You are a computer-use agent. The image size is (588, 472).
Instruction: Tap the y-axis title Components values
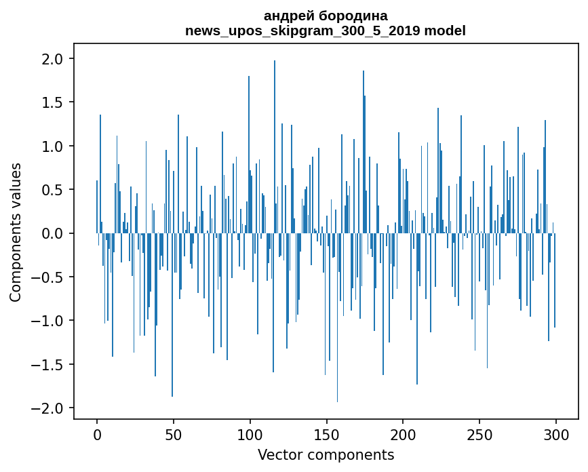[x=16, y=232]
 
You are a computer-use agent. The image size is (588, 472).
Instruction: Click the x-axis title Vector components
[x=326, y=454]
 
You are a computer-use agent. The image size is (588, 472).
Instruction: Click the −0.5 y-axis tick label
[x=49, y=277]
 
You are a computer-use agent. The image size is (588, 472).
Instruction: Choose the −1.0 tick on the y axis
[x=49, y=321]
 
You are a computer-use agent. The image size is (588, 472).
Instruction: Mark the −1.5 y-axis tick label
[x=49, y=365]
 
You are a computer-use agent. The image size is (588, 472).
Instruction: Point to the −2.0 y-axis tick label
[x=49, y=408]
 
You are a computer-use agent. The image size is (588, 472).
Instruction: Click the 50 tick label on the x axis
[x=174, y=434]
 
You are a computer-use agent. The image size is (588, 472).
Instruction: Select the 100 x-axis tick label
[x=250, y=434]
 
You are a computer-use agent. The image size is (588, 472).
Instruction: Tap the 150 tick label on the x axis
[x=327, y=434]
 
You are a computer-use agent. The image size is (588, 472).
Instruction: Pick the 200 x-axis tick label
[x=403, y=434]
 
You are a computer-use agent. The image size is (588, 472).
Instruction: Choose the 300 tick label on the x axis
[x=556, y=434]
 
